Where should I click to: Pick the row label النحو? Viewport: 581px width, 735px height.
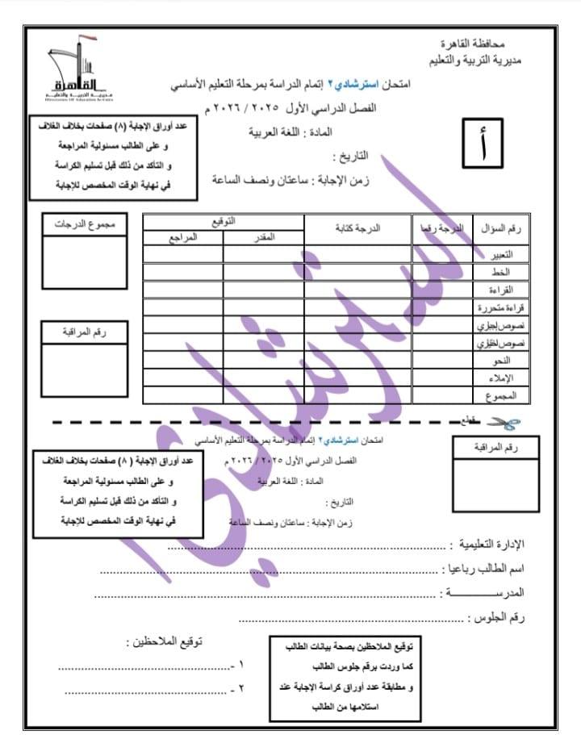click(513, 360)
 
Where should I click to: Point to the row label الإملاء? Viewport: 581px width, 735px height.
click(512, 378)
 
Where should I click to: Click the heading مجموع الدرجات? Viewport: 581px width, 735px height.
click(85, 225)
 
